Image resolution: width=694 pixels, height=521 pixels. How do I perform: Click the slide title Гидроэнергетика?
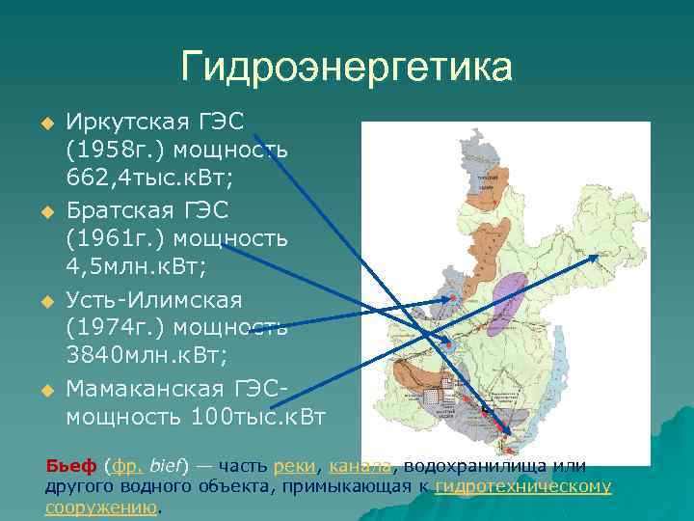click(x=346, y=69)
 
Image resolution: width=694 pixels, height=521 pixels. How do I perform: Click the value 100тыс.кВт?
click(x=258, y=417)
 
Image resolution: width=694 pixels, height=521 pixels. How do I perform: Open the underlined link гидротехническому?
click(x=523, y=486)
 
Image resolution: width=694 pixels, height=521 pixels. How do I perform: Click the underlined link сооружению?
click(x=100, y=507)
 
